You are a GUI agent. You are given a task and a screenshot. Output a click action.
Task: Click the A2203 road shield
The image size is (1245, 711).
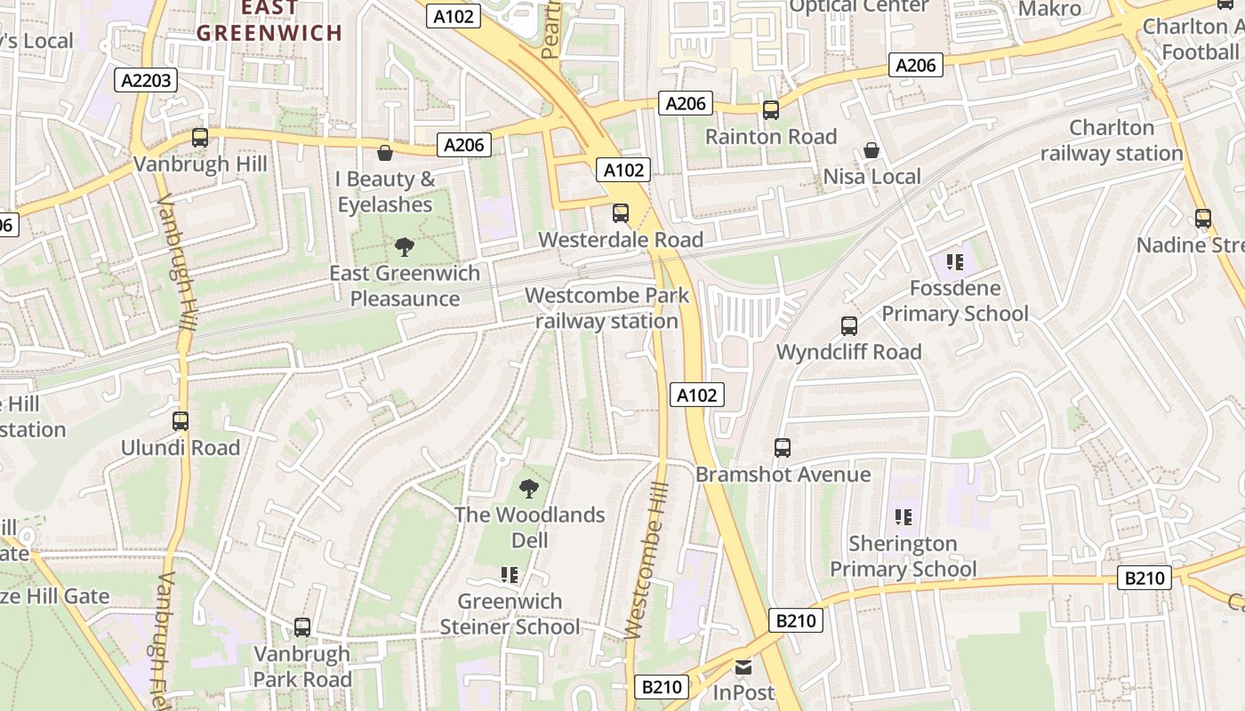pos(147,81)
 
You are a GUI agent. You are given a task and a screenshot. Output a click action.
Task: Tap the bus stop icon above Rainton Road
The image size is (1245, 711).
pos(770,110)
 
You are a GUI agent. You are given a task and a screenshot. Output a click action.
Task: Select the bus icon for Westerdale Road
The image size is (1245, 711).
pos(621,213)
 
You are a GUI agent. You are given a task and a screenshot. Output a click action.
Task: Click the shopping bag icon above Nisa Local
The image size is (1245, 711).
pos(871,150)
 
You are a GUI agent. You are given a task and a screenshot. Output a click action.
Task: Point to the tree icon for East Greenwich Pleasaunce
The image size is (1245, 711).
pos(405,247)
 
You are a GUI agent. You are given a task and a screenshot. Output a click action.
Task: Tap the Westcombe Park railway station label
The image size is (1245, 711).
pos(606,308)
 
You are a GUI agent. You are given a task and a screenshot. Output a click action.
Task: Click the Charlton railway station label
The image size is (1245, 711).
pos(1111,140)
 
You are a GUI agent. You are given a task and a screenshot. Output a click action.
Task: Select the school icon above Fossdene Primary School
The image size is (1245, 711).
pos(955,262)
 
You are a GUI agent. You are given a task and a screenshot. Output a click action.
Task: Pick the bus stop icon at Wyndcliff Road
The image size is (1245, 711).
pos(849,326)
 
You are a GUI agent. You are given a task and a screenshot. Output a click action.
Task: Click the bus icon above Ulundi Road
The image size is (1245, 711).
pos(181,421)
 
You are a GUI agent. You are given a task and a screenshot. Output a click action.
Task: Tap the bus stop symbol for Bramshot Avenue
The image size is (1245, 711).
pos(783,448)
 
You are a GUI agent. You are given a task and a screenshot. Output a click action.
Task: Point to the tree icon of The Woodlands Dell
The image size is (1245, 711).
pos(529,488)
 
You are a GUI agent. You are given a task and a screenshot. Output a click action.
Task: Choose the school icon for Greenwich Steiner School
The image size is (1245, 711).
pos(510,575)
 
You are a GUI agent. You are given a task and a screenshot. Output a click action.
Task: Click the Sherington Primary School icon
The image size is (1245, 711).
pos(904,517)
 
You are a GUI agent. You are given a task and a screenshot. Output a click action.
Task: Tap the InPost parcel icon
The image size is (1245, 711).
pos(743,667)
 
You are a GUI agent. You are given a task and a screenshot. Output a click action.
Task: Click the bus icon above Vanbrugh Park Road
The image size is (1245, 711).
pos(302,627)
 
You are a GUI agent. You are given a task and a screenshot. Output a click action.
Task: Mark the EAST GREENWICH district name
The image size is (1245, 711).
pos(269,21)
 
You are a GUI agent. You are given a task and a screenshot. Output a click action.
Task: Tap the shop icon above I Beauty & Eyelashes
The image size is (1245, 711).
pos(385,153)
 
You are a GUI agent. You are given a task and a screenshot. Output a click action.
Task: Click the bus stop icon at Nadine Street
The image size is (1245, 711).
pos(1203,218)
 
